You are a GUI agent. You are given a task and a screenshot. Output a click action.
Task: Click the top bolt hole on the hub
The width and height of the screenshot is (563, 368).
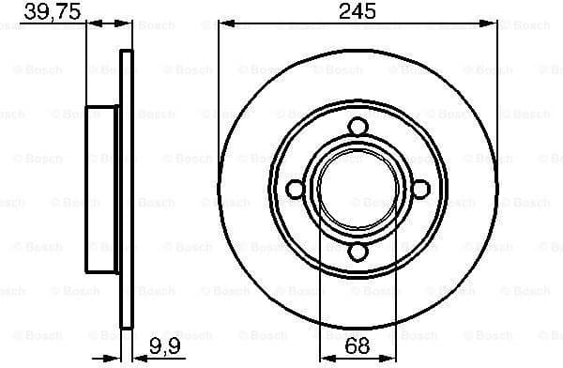pyautogui.click(x=358, y=127)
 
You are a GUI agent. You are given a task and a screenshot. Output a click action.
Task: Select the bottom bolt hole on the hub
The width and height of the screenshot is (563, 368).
pyautogui.click(x=358, y=251)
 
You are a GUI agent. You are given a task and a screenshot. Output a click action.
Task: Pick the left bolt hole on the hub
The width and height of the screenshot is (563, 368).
pyautogui.click(x=295, y=189)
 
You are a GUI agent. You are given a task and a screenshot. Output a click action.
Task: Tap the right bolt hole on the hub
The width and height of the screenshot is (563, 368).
pyautogui.click(x=420, y=189)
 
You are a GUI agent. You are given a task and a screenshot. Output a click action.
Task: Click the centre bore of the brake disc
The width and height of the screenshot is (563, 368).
pyautogui.click(x=358, y=189)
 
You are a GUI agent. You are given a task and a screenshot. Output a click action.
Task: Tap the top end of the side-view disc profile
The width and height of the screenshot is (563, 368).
pyautogui.click(x=126, y=52)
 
